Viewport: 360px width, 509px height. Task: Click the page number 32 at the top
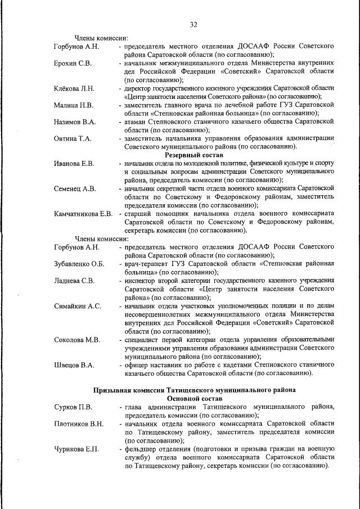pos(193,25)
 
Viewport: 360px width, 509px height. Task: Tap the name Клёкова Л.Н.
pos(74,89)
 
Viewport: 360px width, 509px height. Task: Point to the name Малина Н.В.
pos(73,105)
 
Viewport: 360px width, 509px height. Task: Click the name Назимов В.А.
pos(75,121)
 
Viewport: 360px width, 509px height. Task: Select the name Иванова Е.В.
pos(74,163)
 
